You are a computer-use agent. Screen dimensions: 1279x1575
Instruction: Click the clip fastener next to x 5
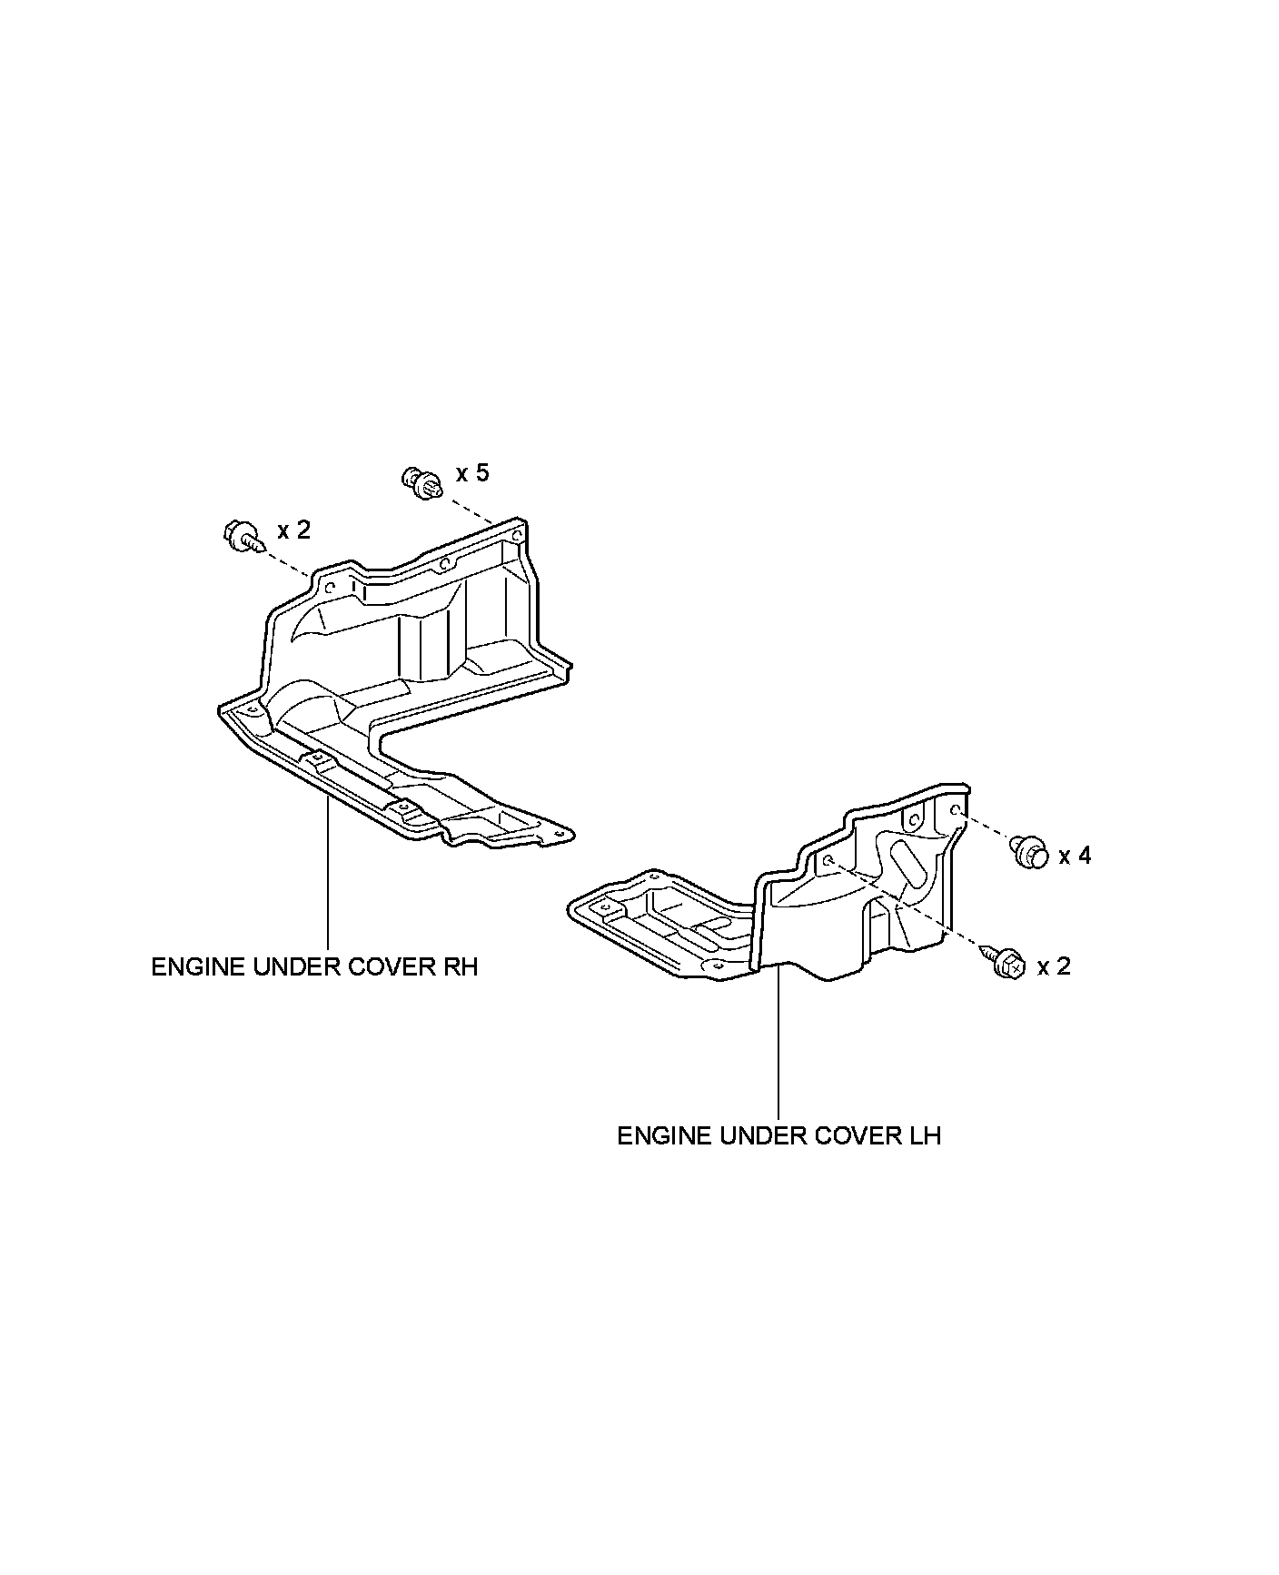[420, 481]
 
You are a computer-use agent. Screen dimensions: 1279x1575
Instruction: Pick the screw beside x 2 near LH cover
[1007, 963]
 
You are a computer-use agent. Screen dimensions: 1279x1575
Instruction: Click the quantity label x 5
[472, 473]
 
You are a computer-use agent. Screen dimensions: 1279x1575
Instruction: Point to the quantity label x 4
[1075, 856]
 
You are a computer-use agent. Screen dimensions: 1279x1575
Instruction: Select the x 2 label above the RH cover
[293, 530]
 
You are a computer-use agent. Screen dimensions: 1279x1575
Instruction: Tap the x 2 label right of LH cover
[1054, 966]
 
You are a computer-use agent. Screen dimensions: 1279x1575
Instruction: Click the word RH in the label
[460, 966]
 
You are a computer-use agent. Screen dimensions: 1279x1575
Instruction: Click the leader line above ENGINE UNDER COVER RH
[327, 872]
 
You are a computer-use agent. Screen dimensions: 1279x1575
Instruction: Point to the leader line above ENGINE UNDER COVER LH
[778, 1045]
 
